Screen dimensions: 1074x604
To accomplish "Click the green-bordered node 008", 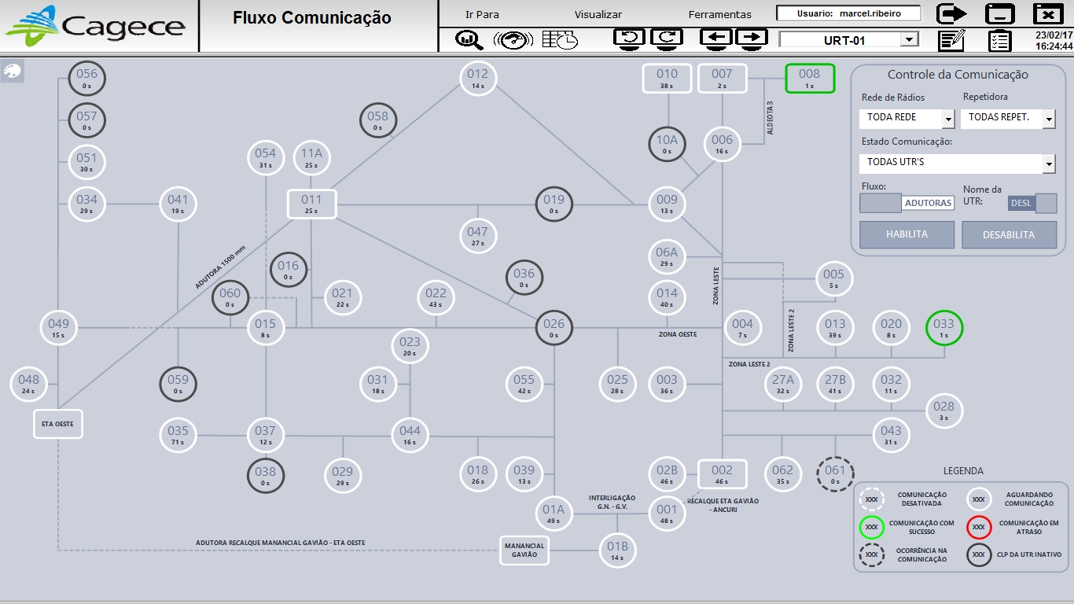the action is point(810,78).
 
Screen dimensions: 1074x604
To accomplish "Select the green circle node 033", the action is point(944,328).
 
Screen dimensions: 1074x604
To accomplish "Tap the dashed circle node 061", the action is point(835,474).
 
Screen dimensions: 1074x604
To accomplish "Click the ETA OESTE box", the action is point(57,424).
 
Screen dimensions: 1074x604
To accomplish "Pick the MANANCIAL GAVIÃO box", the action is point(524,551).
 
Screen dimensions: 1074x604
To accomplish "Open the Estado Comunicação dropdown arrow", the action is point(1049,164).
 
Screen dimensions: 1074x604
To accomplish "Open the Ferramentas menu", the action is point(719,14).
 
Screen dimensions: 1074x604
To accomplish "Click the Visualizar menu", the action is point(598,14).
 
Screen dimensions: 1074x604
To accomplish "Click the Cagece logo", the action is point(94,26).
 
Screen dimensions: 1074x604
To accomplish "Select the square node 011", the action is point(311,204).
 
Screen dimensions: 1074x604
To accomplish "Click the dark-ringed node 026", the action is point(554,328).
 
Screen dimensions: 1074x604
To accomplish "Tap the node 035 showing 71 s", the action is point(178,435).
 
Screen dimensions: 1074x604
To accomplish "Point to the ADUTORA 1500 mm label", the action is point(220,267).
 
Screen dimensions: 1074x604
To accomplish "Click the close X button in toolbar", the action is point(1048,14).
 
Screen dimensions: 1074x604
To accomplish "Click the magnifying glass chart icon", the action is point(469,40).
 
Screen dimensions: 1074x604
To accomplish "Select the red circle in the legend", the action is point(979,527).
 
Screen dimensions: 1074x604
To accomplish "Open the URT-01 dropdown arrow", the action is point(909,39).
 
